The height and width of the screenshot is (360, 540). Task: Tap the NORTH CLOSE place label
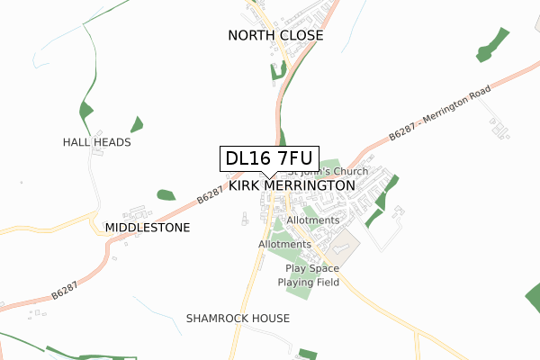tap(275, 36)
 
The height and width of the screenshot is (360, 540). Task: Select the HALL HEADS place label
tap(97, 142)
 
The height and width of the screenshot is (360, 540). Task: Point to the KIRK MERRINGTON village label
tap(292, 185)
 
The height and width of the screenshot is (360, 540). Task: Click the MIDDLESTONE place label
tap(148, 228)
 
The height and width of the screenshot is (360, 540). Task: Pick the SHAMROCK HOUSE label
tap(238, 319)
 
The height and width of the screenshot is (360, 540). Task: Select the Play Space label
tap(312, 269)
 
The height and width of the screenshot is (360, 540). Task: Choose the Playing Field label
tap(308, 283)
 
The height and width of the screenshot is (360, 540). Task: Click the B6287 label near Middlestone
tap(209, 193)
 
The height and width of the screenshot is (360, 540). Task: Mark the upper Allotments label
tap(312, 220)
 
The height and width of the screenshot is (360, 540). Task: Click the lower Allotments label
tap(284, 244)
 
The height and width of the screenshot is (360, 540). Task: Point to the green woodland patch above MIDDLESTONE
tap(166, 194)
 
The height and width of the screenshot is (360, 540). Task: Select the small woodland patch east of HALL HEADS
tap(137, 124)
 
